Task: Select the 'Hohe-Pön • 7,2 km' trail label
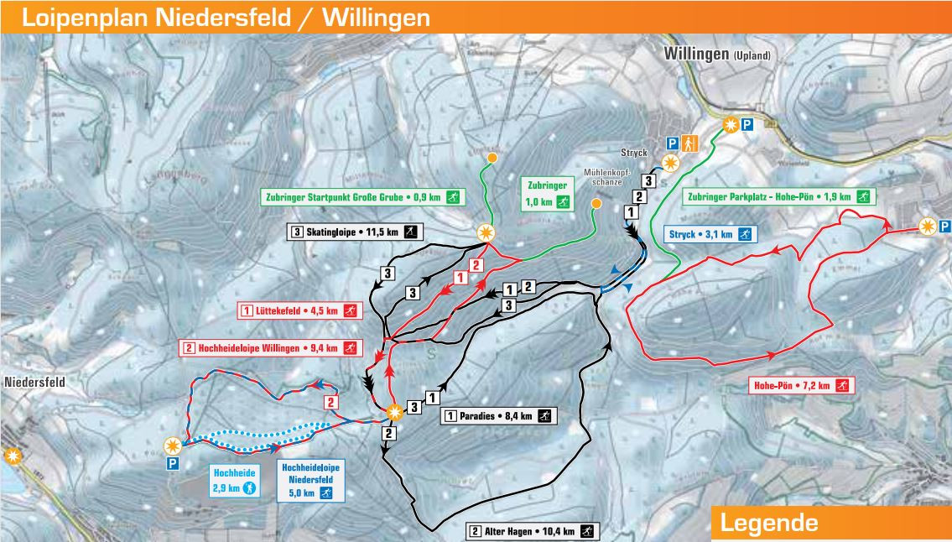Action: [x=799, y=386]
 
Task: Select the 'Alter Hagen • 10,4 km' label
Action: [x=533, y=531]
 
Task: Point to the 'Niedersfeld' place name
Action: [x=34, y=382]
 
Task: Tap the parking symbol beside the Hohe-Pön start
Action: [x=944, y=226]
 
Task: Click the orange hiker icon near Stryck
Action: [x=690, y=143]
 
